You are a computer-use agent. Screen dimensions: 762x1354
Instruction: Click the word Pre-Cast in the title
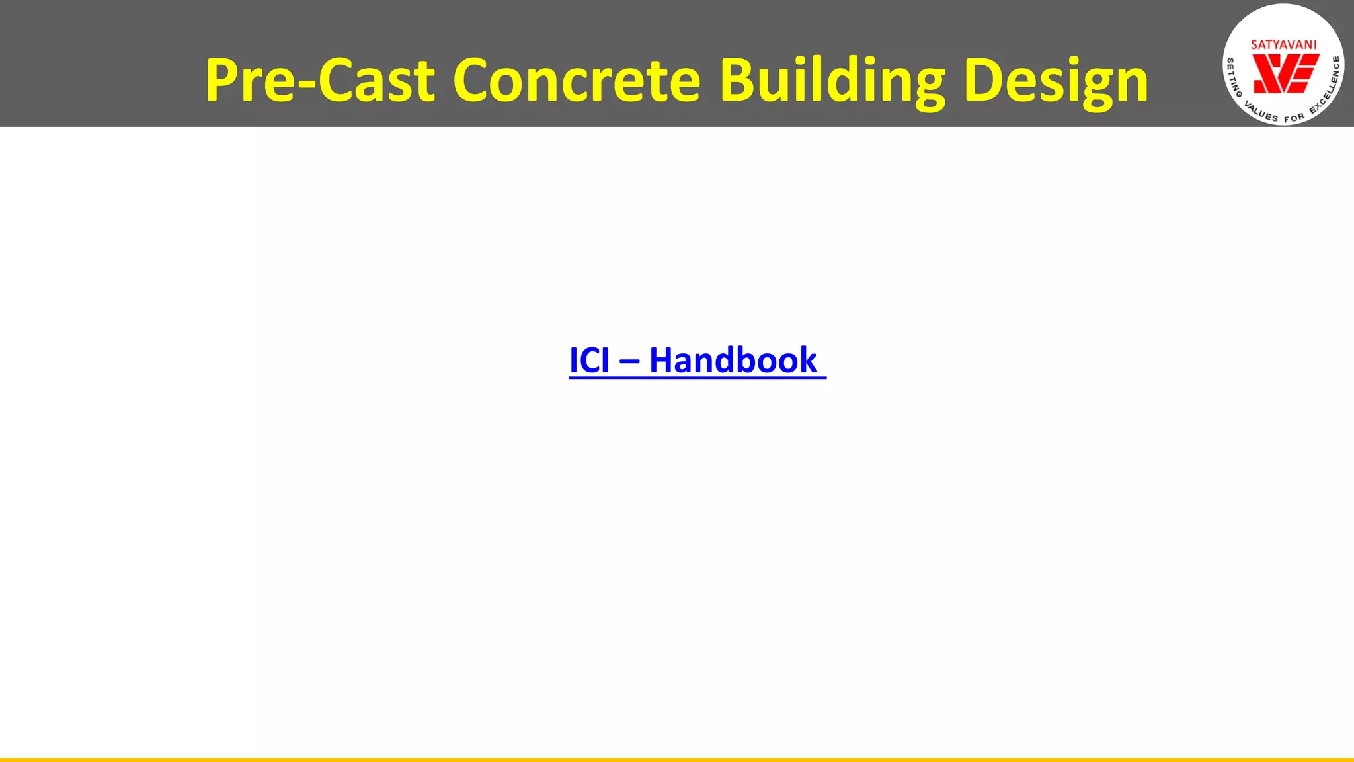pos(320,81)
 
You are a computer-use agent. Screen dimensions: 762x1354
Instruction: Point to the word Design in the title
pos(1056,81)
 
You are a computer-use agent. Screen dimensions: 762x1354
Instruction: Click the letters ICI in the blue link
pos(589,360)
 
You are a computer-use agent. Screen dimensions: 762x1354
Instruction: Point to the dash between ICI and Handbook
pos(629,362)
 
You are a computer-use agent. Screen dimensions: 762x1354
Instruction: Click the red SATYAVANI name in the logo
pos(1283,45)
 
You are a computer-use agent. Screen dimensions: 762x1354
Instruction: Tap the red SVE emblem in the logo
pos(1285,73)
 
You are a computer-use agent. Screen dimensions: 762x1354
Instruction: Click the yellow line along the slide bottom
pos(677,759)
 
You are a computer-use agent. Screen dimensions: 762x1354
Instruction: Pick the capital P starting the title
pos(222,81)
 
